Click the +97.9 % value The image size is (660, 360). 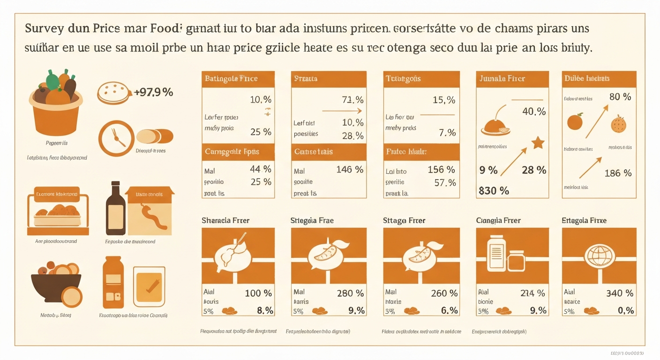point(153,92)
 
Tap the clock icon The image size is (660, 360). point(116,138)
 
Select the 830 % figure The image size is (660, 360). point(494,190)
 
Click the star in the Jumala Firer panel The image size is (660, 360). point(538,142)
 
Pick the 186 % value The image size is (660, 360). point(618,173)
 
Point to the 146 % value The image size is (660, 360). point(350,169)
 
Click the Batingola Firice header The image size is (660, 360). point(231,79)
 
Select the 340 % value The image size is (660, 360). point(620,293)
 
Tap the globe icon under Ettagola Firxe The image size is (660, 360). point(599,256)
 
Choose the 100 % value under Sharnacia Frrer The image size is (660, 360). point(258,293)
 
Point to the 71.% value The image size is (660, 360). point(353,99)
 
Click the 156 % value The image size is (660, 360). point(442,169)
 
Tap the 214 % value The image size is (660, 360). point(532,293)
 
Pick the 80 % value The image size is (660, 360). point(620,97)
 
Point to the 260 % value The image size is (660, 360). point(444,293)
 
